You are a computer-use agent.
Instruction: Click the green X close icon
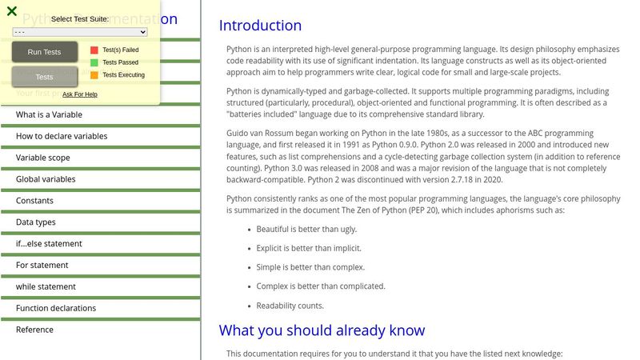tap(12, 11)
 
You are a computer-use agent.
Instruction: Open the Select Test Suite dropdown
tap(80, 32)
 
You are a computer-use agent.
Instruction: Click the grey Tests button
tap(45, 77)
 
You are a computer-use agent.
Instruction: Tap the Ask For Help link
tap(80, 94)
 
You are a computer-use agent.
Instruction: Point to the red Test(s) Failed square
tap(94, 50)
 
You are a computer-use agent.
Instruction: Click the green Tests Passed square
tap(94, 62)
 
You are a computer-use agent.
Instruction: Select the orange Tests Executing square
tap(94, 75)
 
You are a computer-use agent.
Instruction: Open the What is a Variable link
tap(50, 114)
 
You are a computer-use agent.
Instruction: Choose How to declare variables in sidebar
tap(62, 136)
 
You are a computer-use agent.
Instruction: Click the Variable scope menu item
tap(43, 158)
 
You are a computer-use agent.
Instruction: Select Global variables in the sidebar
tap(46, 179)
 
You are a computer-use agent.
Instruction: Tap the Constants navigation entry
tap(35, 201)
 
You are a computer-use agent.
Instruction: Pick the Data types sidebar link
tap(36, 222)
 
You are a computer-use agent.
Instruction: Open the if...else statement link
tap(49, 244)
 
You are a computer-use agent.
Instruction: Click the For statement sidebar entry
tap(42, 266)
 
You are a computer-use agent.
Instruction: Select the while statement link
tap(46, 286)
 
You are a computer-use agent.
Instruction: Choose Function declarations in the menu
tap(56, 308)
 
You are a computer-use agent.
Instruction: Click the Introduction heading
tap(261, 26)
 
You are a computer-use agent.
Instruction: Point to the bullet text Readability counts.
tap(290, 306)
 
